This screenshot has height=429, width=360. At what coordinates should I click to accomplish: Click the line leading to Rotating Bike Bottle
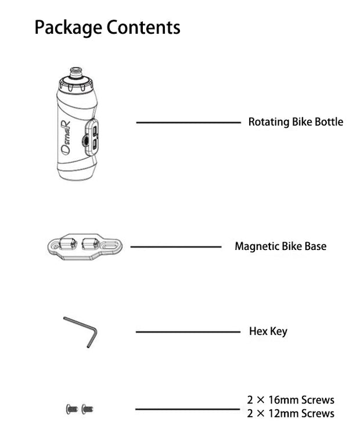188,123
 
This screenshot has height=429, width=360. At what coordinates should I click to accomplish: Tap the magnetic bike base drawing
84,246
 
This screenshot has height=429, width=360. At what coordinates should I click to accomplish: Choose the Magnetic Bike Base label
280,246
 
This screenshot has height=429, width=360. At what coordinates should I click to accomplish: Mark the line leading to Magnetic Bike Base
175,247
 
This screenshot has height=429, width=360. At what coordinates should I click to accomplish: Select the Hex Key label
268,332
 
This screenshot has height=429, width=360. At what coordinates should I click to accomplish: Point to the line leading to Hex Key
188,332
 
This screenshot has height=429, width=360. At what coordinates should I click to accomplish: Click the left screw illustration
71,409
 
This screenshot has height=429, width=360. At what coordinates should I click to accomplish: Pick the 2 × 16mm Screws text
290,400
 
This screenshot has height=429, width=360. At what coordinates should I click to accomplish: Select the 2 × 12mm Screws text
290,414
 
